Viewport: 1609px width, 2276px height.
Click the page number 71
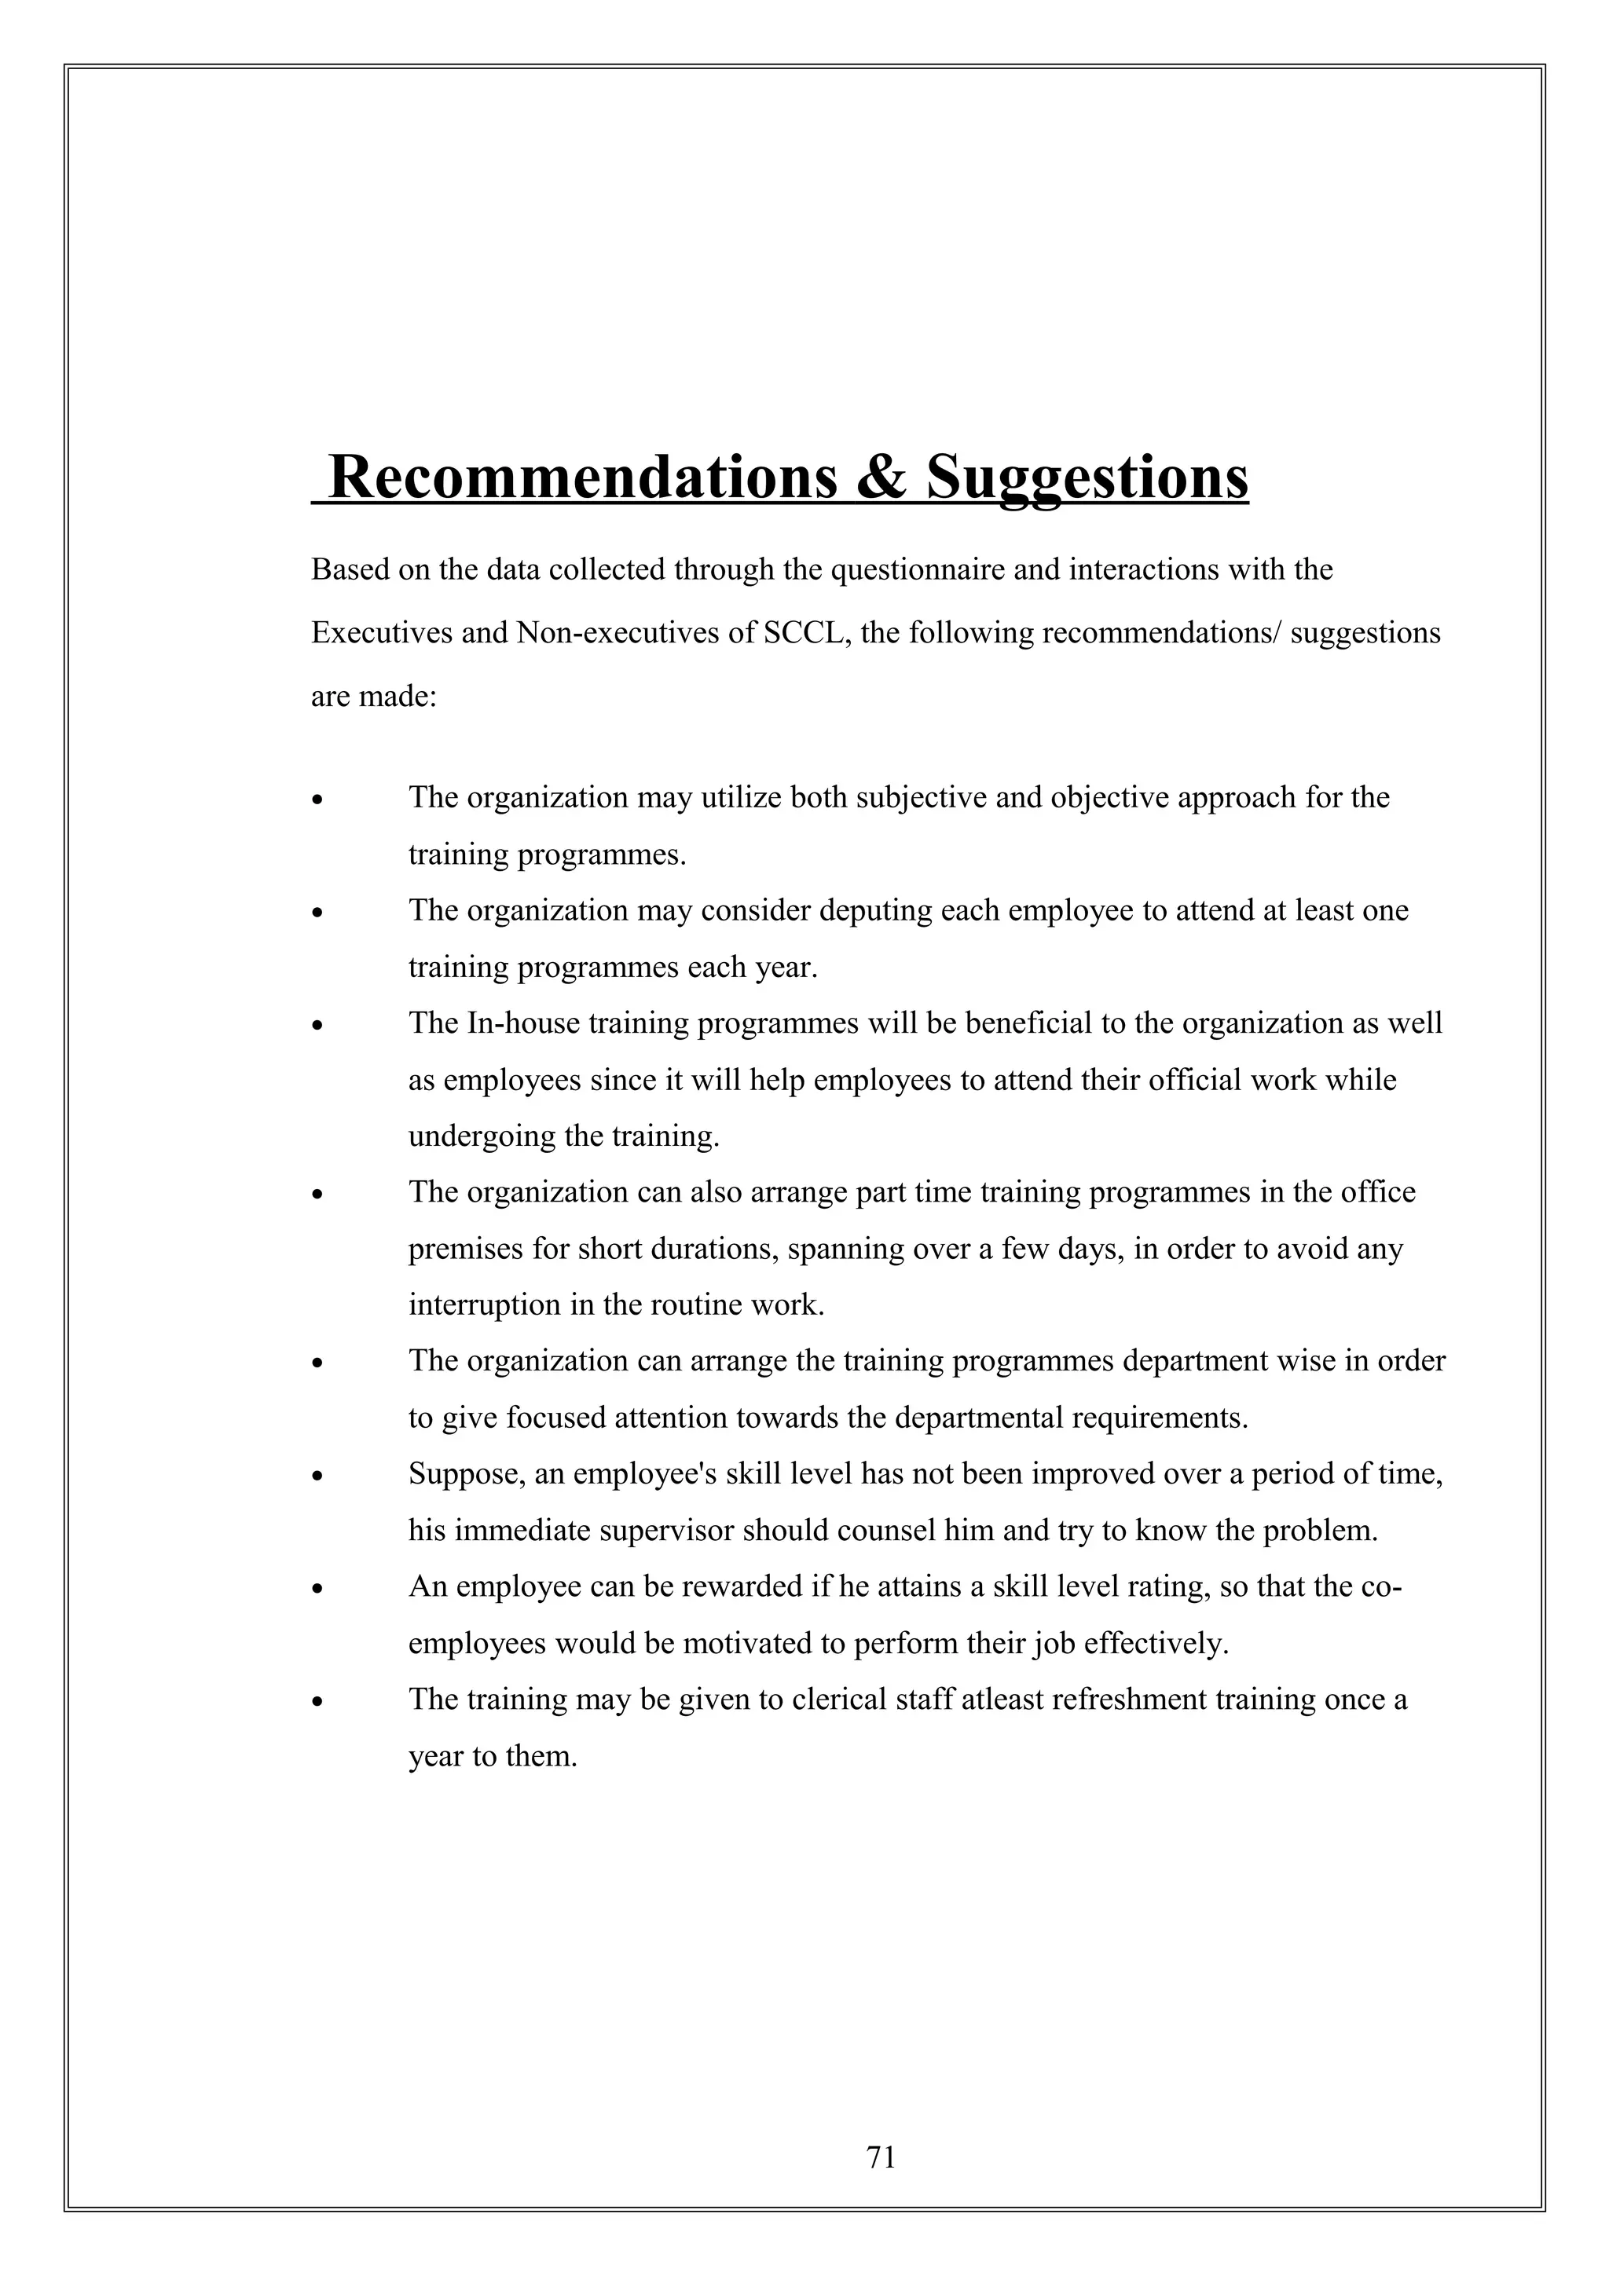click(x=881, y=2157)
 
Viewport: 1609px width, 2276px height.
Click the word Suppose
click(x=465, y=1475)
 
